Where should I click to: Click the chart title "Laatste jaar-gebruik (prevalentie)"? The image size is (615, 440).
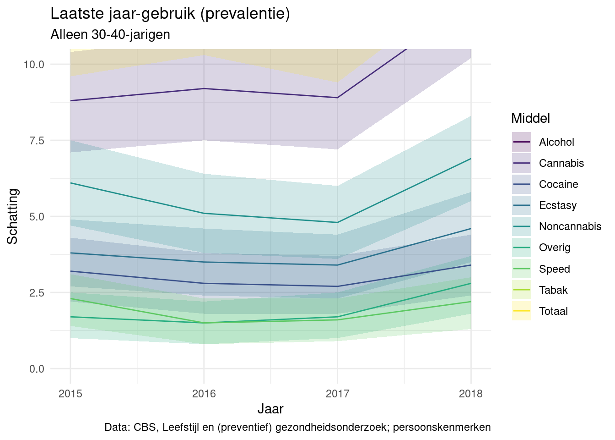pyautogui.click(x=170, y=14)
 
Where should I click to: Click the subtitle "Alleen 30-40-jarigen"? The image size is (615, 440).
pyautogui.click(x=110, y=34)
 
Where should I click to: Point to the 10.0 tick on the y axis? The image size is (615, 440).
pyautogui.click(x=34, y=64)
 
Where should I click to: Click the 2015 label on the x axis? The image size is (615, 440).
pyautogui.click(x=70, y=394)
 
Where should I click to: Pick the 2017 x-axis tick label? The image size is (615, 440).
pyautogui.click(x=337, y=394)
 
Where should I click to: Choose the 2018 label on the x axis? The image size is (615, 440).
pyautogui.click(x=471, y=394)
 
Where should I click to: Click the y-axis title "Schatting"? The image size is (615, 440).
pyautogui.click(x=13, y=216)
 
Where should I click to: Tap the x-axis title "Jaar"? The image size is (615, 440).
pyautogui.click(x=270, y=409)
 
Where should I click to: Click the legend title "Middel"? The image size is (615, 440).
pyautogui.click(x=530, y=118)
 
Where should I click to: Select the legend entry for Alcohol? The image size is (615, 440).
pyautogui.click(x=556, y=142)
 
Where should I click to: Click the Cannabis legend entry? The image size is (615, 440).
pyautogui.click(x=561, y=163)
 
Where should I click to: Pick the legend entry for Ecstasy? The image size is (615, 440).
pyautogui.click(x=558, y=205)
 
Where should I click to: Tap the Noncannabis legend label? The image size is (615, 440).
pyautogui.click(x=570, y=226)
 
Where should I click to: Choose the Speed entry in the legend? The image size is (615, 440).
pyautogui.click(x=554, y=269)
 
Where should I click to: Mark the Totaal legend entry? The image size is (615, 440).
pyautogui.click(x=553, y=311)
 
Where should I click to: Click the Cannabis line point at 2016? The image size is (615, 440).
pyautogui.click(x=204, y=88)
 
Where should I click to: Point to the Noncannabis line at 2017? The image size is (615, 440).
pyautogui.click(x=337, y=222)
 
